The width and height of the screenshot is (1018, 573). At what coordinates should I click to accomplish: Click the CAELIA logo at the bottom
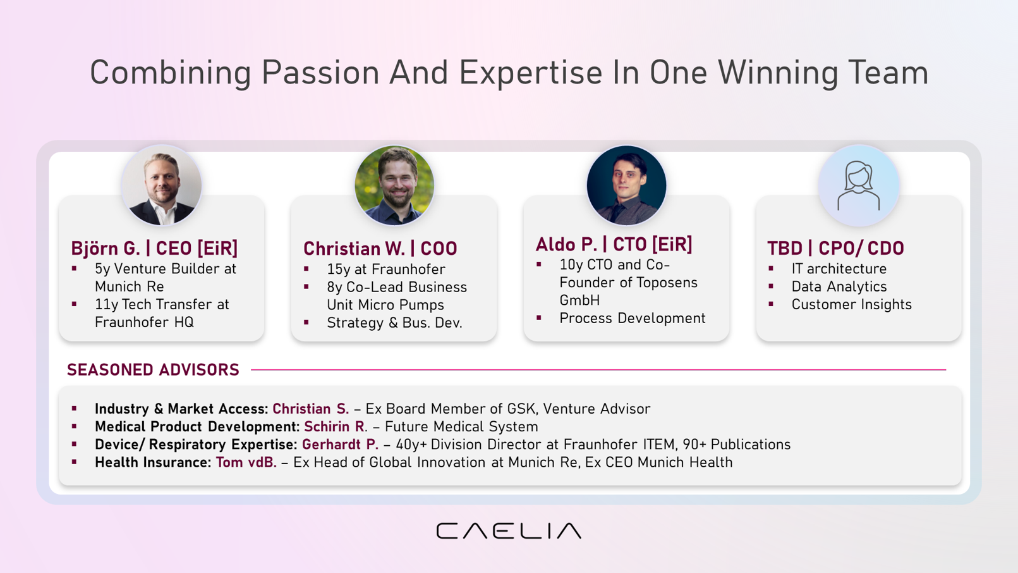[x=509, y=531]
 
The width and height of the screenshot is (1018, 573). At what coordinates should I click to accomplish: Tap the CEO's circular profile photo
[x=161, y=185]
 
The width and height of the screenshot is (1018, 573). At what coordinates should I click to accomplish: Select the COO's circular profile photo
[x=394, y=185]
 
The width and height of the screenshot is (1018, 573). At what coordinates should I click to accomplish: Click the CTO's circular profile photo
[x=626, y=185]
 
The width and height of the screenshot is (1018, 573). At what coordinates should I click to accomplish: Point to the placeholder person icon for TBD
[x=859, y=185]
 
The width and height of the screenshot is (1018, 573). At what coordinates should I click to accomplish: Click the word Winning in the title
[x=778, y=73]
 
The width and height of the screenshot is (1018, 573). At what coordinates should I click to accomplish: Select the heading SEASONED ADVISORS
[x=153, y=370]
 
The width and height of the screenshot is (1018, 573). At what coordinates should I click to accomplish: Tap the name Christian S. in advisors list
[x=311, y=409]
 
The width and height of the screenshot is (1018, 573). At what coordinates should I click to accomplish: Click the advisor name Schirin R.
[x=334, y=426]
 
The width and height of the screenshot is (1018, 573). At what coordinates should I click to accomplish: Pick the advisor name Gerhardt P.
[x=340, y=445]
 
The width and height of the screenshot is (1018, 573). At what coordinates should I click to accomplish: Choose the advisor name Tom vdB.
[x=246, y=462]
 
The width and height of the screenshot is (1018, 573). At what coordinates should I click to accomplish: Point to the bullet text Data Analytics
[x=839, y=286]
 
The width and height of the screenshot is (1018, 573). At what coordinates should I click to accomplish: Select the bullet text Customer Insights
[x=852, y=304]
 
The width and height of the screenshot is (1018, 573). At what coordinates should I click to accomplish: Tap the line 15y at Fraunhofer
[x=386, y=269]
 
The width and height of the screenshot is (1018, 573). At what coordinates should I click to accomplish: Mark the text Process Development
[x=632, y=318]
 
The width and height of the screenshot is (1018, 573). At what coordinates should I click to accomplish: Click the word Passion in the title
[x=320, y=73]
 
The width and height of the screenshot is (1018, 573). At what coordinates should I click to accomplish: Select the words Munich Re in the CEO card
[x=130, y=286]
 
